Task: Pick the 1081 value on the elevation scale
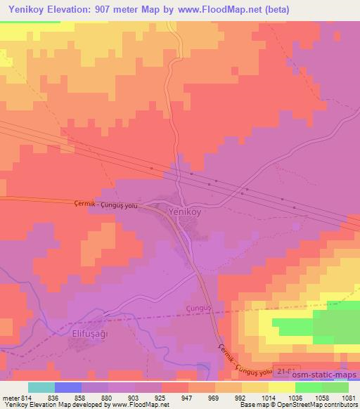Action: pos(347,397)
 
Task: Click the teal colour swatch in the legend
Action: pos(41,387)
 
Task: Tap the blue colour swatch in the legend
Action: pos(67,387)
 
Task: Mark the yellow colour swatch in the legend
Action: pos(281,387)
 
